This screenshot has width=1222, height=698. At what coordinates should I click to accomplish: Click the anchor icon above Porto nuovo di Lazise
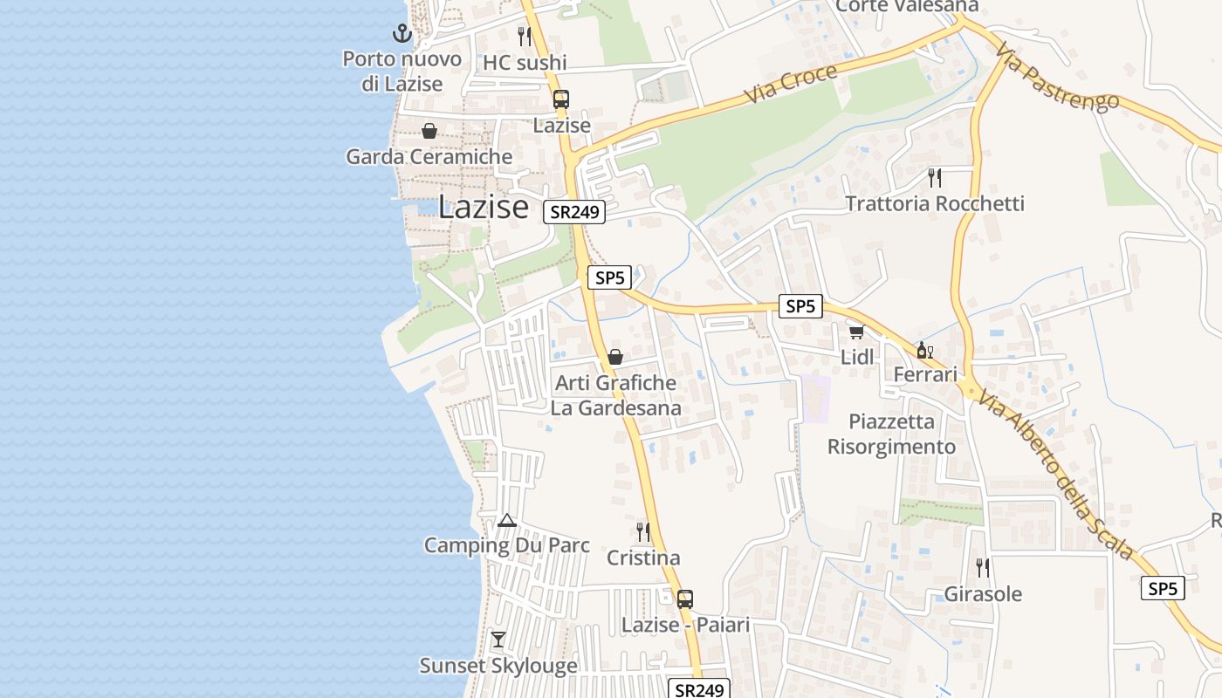(x=402, y=34)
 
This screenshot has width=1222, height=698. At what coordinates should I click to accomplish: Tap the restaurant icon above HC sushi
(x=525, y=37)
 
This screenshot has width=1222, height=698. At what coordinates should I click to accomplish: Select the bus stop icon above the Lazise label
(x=561, y=99)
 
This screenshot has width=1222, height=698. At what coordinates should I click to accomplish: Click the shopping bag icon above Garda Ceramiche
(x=429, y=132)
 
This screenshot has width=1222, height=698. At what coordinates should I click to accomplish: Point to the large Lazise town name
(x=483, y=207)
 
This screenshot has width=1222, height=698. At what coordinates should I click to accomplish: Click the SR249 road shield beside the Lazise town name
(x=574, y=212)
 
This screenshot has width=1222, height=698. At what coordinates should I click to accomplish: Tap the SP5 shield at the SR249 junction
(x=609, y=278)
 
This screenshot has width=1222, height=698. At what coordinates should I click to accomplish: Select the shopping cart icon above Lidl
(x=856, y=332)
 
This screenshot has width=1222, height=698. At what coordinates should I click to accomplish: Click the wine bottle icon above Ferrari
(x=924, y=350)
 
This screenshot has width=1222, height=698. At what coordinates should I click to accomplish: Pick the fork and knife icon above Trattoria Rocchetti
(x=935, y=178)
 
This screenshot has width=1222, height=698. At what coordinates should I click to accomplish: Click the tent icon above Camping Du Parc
(x=506, y=521)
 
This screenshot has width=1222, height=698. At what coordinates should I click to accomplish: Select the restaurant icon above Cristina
(x=643, y=532)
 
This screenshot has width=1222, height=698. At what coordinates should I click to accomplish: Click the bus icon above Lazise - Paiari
(x=685, y=599)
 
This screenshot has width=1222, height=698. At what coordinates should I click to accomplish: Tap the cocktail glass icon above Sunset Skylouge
(x=498, y=640)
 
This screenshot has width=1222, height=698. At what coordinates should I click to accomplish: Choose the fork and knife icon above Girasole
(x=983, y=568)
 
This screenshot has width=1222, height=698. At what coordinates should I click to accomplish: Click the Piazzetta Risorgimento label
(x=891, y=434)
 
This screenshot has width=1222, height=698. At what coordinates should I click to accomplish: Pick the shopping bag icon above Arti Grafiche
(x=615, y=357)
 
